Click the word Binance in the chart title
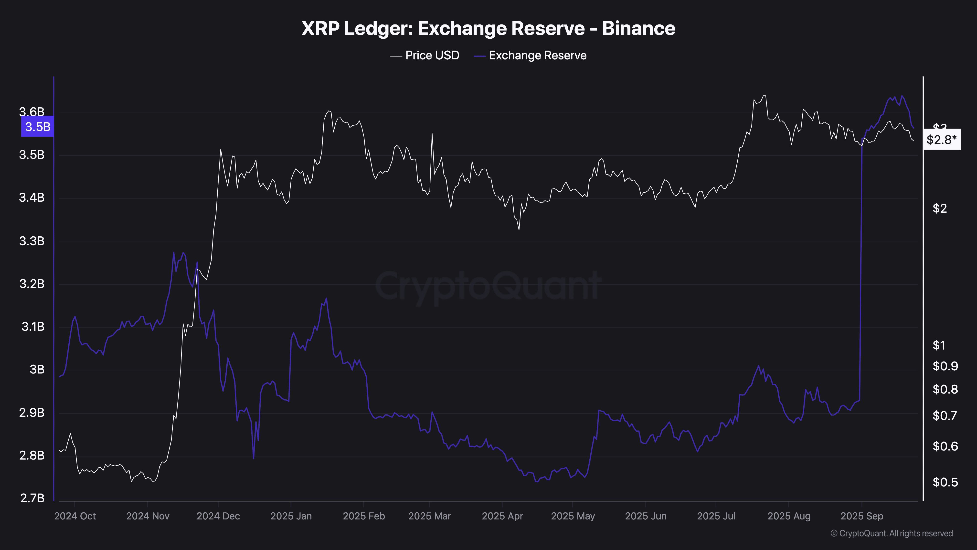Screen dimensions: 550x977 click(x=639, y=28)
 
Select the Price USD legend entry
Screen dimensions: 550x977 click(x=425, y=55)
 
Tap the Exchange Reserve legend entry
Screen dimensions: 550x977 click(x=530, y=55)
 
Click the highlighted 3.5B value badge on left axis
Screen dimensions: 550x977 click(x=38, y=127)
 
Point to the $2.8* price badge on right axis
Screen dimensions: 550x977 click(x=941, y=140)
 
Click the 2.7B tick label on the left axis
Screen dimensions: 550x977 click(x=32, y=498)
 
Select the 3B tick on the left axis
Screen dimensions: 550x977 click(x=37, y=369)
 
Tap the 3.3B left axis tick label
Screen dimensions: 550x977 click(x=32, y=241)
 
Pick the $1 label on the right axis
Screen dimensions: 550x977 click(x=939, y=345)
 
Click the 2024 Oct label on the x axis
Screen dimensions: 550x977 click(x=75, y=516)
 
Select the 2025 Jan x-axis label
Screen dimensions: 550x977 click(x=291, y=516)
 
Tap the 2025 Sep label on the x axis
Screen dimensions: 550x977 click(x=862, y=516)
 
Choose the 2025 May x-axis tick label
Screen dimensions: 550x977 click(x=573, y=516)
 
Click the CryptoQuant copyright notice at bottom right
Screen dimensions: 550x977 click(x=891, y=533)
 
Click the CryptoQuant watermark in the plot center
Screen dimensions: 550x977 click(x=488, y=286)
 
